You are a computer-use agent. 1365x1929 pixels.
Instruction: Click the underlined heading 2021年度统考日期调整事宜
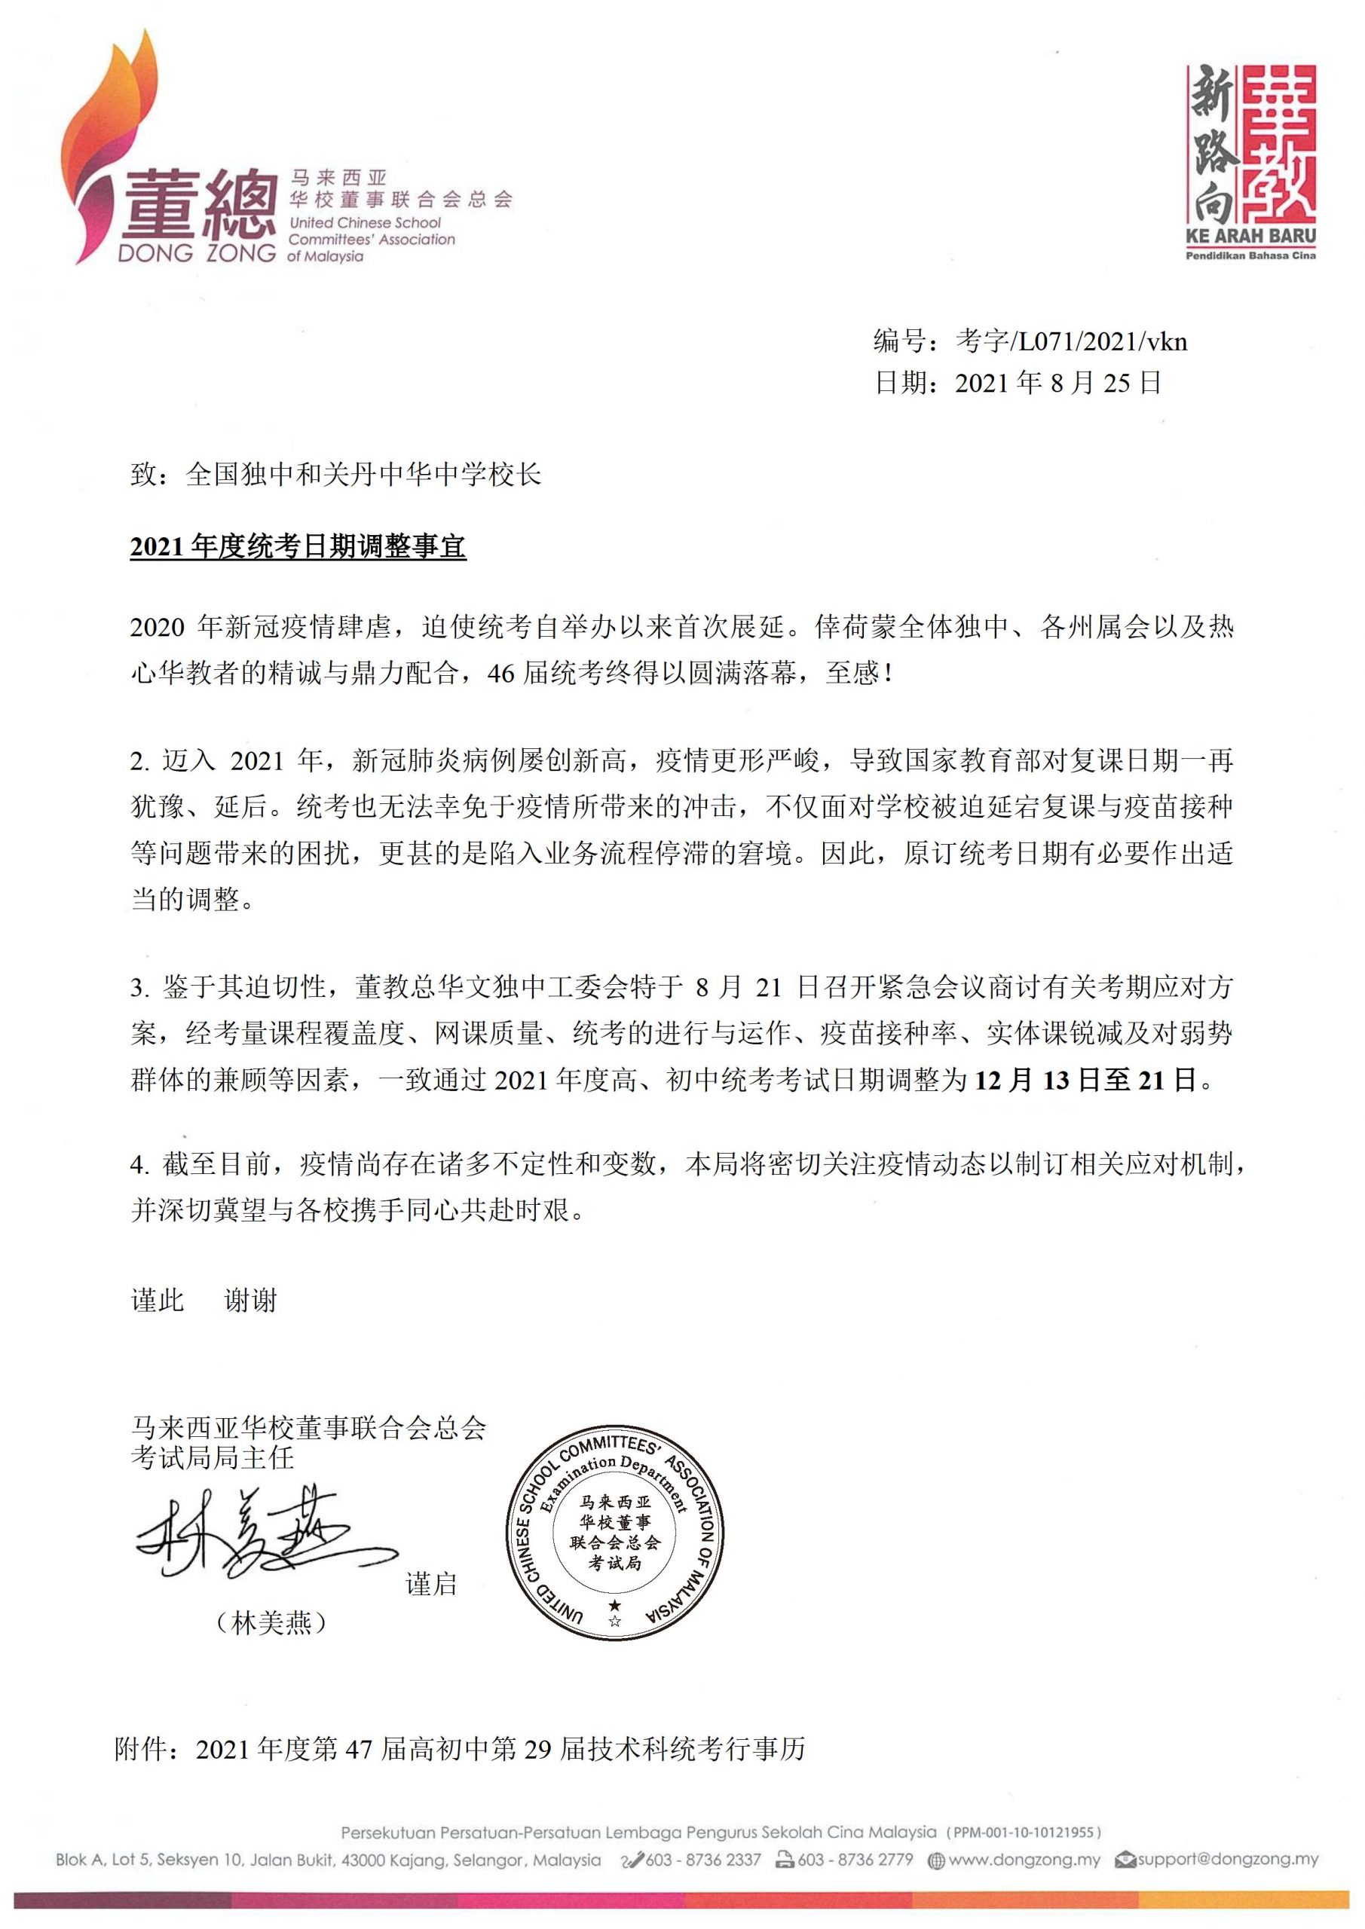pos(298,547)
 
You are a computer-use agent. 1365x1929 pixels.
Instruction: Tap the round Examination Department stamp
pos(614,1533)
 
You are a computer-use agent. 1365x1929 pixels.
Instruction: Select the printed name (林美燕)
pos(271,1623)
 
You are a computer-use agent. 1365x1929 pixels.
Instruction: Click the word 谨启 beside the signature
pos(431,1585)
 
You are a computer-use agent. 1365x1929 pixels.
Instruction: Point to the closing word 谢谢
pos(249,1301)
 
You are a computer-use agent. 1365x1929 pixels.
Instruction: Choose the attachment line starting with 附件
pos(460,1748)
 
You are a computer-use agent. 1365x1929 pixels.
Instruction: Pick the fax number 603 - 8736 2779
pos(854,1859)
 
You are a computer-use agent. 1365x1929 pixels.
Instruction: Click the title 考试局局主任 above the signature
pos(212,1457)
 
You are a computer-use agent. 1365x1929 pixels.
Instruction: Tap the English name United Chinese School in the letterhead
pos(365,222)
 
